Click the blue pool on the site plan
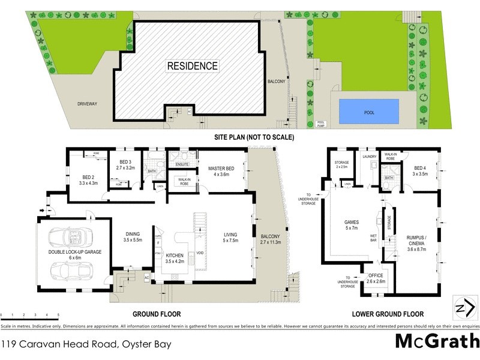click(x=369, y=111)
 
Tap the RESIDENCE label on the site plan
click(x=192, y=65)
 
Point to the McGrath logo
click(x=436, y=341)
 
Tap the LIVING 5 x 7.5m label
click(x=231, y=237)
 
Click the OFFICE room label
click(x=376, y=278)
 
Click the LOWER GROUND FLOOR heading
click(x=388, y=314)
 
